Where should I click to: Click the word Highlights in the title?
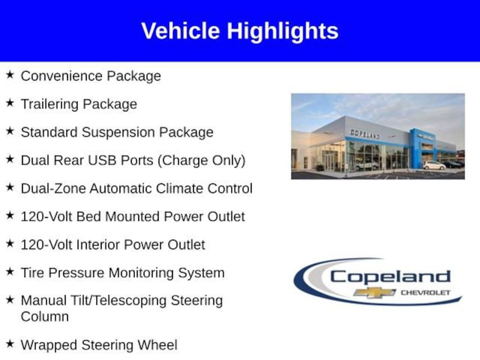pos(283,31)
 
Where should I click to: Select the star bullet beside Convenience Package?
pos(10,75)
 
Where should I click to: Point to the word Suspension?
pos(119,133)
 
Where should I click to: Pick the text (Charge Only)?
pos(202,160)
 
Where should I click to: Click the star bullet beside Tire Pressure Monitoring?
pos(10,272)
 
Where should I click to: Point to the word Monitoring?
pos(140,273)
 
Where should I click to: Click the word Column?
pos(45,316)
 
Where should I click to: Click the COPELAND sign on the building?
pos(365,134)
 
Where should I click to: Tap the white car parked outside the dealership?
pos(434,165)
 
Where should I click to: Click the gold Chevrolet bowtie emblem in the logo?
pos(375,292)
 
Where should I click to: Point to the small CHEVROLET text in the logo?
pos(425,293)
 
